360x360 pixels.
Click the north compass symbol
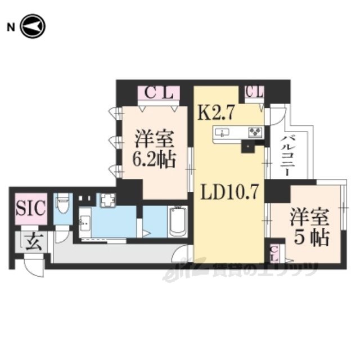tap(33, 26)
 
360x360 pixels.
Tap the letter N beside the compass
tap(11, 28)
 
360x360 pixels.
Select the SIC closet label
tap(31, 208)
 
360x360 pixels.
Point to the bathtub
tap(178, 222)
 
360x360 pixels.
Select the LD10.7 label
tap(230, 192)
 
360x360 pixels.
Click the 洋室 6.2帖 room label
tap(154, 149)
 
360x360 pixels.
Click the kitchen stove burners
tap(255, 133)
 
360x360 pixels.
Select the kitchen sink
tap(222, 133)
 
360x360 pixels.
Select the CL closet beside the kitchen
tap(254, 92)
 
